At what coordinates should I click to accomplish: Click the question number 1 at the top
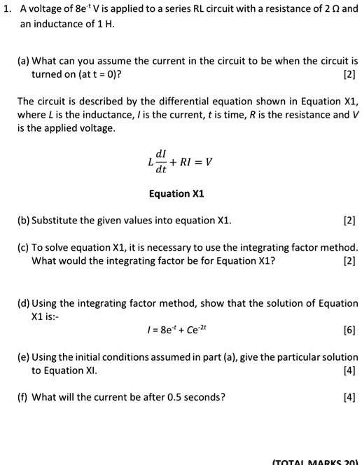[x=7, y=10]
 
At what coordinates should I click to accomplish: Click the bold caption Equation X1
[x=176, y=193]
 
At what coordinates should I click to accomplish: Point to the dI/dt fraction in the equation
[x=161, y=162]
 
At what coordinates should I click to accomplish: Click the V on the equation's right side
[x=208, y=162]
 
